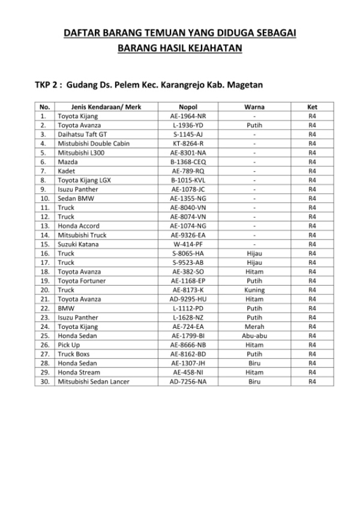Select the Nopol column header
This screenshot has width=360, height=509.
(188, 106)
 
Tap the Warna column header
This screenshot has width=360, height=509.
(254, 106)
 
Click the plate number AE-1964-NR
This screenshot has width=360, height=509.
(188, 116)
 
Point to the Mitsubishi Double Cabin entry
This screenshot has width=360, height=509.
(93, 143)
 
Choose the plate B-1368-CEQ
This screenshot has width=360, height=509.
(188, 161)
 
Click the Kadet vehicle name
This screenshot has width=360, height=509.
(66, 171)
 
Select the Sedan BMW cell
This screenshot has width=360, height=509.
(76, 198)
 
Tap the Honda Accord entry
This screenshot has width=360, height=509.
(79, 226)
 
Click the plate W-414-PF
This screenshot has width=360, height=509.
(188, 244)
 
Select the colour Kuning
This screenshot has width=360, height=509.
(254, 290)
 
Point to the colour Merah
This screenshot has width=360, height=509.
(254, 327)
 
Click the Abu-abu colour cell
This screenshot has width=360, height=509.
(254, 336)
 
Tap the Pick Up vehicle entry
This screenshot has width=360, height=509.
(68, 345)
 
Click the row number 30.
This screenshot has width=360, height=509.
(44, 382)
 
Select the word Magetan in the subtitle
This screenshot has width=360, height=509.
(245, 85)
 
